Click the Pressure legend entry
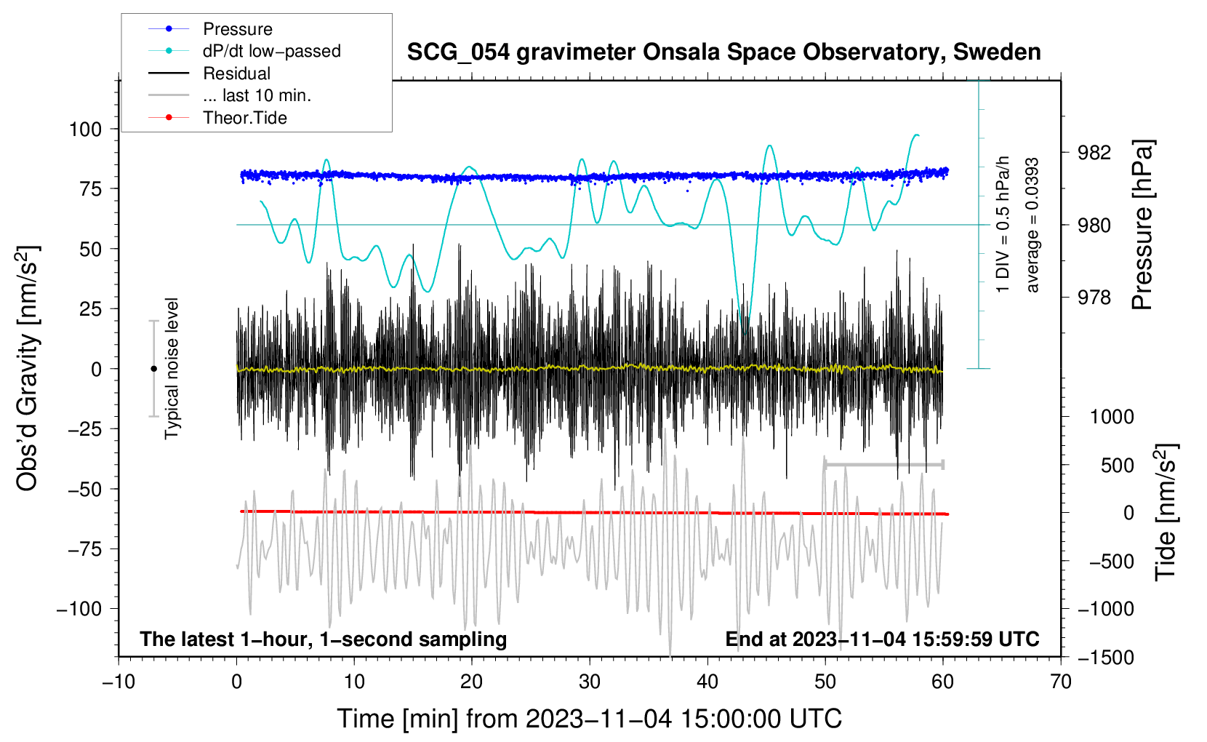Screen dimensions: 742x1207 pyautogui.click(x=237, y=29)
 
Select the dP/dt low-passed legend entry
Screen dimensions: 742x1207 pyautogui.click(x=271, y=51)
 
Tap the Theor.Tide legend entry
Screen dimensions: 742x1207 pyautogui.click(x=244, y=118)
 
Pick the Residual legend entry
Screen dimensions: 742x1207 pyautogui.click(x=236, y=73)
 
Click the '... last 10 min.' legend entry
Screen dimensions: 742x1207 pyautogui.click(x=257, y=95)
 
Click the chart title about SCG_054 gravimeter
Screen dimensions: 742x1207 pyautogui.click(x=723, y=52)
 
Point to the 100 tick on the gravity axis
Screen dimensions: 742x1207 pyautogui.click(x=85, y=129)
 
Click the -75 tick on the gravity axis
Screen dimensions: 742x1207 pyautogui.click(x=85, y=549)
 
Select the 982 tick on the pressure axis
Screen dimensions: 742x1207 pyautogui.click(x=1094, y=152)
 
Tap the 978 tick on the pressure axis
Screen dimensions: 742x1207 pyautogui.click(x=1094, y=297)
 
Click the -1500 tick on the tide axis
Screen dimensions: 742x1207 pyautogui.click(x=1105, y=657)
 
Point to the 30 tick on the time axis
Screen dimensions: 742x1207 pyautogui.click(x=590, y=682)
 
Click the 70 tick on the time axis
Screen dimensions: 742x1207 pyautogui.click(x=1061, y=682)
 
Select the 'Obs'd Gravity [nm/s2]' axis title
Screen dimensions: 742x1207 pyautogui.click(x=28, y=369)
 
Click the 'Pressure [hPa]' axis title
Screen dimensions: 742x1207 pyautogui.click(x=1143, y=225)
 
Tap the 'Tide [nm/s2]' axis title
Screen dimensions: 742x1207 pyautogui.click(x=1166, y=512)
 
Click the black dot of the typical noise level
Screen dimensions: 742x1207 pyautogui.click(x=153, y=369)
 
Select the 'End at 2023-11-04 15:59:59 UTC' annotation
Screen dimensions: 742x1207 pyautogui.click(x=882, y=639)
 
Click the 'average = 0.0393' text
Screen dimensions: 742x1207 pyautogui.click(x=1032, y=225)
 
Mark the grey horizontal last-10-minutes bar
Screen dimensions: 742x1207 pyautogui.click(x=883, y=464)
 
